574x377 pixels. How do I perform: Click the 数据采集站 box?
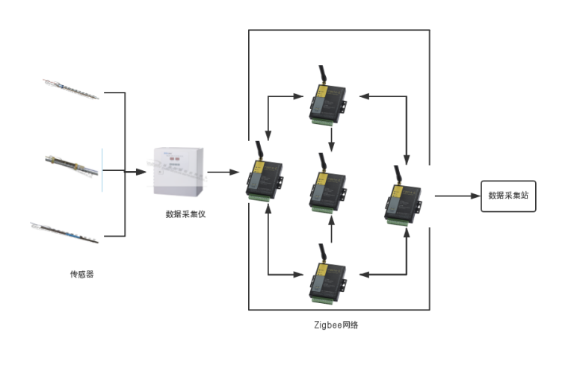click(x=508, y=196)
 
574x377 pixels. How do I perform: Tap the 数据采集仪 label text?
click(x=185, y=214)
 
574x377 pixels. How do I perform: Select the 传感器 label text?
click(x=81, y=274)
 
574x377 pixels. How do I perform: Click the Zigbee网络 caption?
click(x=336, y=325)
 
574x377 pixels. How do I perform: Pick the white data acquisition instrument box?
click(x=179, y=171)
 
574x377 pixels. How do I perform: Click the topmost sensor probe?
click(x=71, y=89)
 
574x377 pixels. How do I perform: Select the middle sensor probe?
click(x=72, y=166)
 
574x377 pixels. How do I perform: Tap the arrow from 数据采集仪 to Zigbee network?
click(x=223, y=172)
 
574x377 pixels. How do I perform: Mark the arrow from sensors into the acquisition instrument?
click(x=135, y=172)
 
